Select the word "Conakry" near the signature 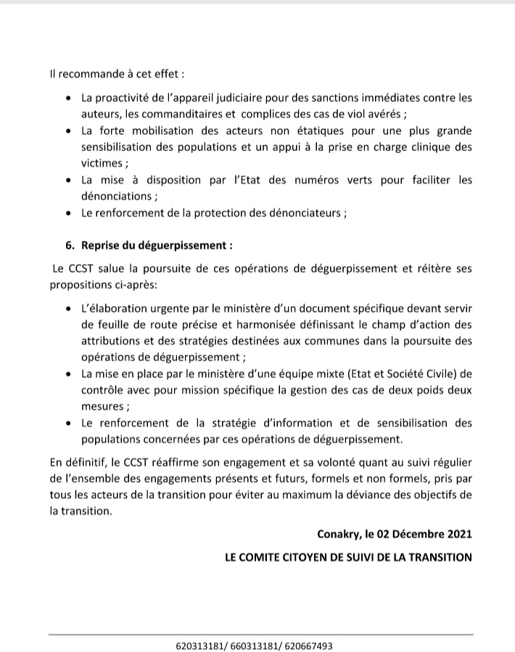(x=338, y=534)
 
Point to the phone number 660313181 (x=253, y=645)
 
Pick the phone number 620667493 (x=308, y=645)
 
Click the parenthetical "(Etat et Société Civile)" (x=388, y=374)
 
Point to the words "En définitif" (x=78, y=461)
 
